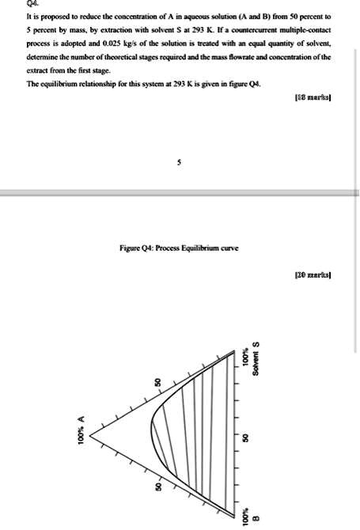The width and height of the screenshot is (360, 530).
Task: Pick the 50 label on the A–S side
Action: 157,383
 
